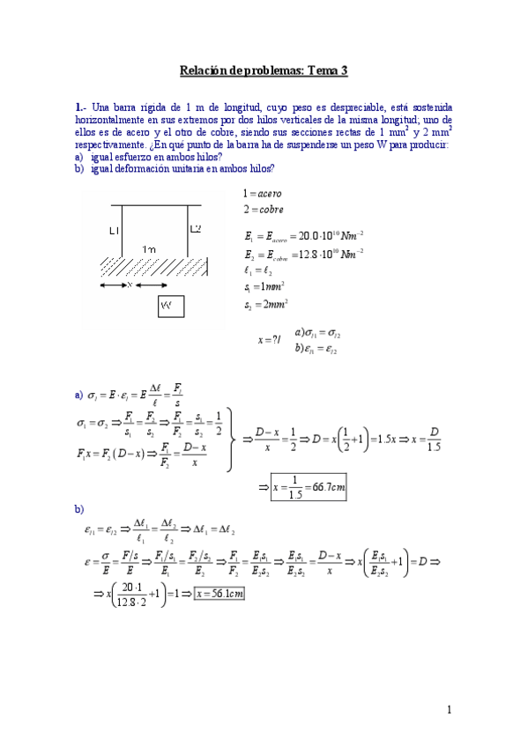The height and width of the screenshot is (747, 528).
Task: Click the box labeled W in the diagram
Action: point(170,306)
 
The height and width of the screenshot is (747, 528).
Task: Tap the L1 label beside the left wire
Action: point(114,230)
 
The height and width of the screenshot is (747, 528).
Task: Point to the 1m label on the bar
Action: point(151,250)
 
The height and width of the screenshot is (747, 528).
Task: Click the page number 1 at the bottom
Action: point(449,710)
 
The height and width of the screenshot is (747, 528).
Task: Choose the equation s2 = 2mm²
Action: point(264,306)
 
